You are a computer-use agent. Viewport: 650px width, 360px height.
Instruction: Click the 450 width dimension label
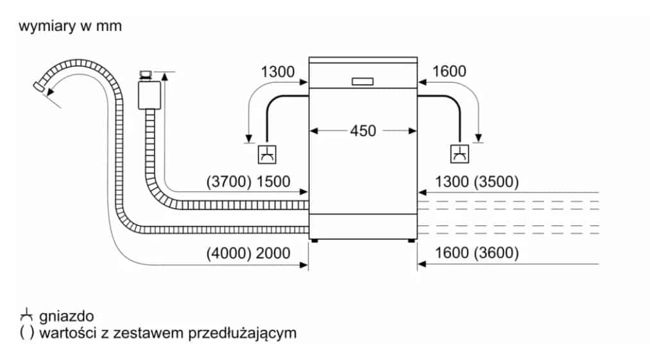(363, 131)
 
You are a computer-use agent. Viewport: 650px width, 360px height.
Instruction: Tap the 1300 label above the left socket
(278, 72)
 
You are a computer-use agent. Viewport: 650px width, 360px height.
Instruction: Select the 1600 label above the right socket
(449, 72)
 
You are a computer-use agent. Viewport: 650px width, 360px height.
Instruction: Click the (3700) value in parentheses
(228, 182)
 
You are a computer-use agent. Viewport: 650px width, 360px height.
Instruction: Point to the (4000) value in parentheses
(228, 253)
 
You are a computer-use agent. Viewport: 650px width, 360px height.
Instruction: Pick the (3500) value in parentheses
(495, 182)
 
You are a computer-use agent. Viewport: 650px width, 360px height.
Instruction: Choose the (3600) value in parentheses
(495, 253)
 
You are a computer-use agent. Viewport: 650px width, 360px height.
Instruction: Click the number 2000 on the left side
(273, 253)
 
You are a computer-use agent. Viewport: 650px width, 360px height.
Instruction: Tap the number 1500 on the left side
(273, 182)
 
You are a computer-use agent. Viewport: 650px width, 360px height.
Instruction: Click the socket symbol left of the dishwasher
(266, 154)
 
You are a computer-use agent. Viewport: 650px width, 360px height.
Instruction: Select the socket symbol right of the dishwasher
(459, 154)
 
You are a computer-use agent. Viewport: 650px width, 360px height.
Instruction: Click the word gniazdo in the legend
(66, 316)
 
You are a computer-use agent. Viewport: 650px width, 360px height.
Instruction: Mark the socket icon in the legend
(26, 316)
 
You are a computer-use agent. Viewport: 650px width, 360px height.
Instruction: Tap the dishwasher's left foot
(314, 241)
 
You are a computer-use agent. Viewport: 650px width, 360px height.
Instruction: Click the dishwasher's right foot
(411, 241)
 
